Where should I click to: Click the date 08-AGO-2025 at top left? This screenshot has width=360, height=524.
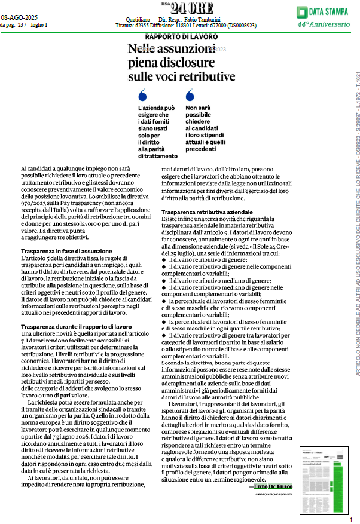click(19, 17)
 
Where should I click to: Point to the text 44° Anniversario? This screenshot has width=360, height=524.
click(324, 24)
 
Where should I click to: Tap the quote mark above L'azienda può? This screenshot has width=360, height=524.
click(142, 95)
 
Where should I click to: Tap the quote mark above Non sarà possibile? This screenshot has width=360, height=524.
click(190, 95)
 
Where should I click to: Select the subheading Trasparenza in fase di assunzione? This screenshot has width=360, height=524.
click(66, 251)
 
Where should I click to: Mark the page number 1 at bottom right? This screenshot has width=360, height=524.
click(351, 519)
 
